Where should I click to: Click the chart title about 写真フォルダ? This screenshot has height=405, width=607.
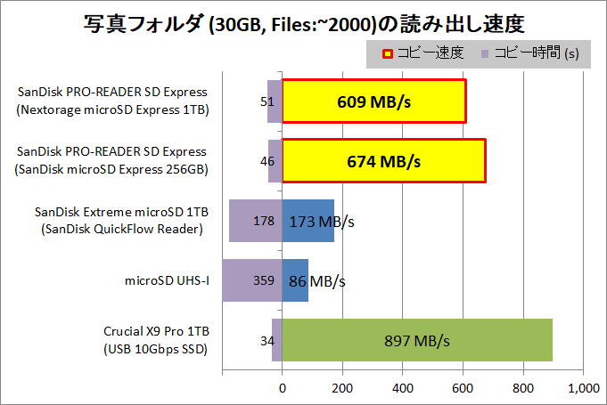(303, 21)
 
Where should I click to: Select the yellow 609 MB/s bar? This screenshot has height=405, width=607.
(373, 101)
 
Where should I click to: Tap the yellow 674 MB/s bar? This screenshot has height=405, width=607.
(383, 161)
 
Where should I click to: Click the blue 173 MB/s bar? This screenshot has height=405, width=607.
(308, 221)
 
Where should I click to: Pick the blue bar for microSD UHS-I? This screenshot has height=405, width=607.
(295, 280)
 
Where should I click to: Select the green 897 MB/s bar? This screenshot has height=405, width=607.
(417, 340)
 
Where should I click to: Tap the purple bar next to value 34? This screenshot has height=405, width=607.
(277, 340)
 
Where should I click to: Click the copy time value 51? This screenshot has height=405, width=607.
(267, 101)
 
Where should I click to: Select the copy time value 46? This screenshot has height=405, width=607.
(267, 161)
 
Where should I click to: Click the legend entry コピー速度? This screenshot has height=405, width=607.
(424, 53)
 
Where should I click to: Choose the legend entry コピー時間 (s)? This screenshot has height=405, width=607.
(529, 53)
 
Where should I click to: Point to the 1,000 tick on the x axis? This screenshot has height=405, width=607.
(583, 388)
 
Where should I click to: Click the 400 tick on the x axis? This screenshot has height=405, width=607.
(403, 388)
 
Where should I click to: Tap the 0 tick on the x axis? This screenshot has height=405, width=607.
(283, 388)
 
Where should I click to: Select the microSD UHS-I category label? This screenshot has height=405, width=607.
(168, 280)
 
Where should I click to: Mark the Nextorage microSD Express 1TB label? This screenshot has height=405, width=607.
(111, 110)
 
